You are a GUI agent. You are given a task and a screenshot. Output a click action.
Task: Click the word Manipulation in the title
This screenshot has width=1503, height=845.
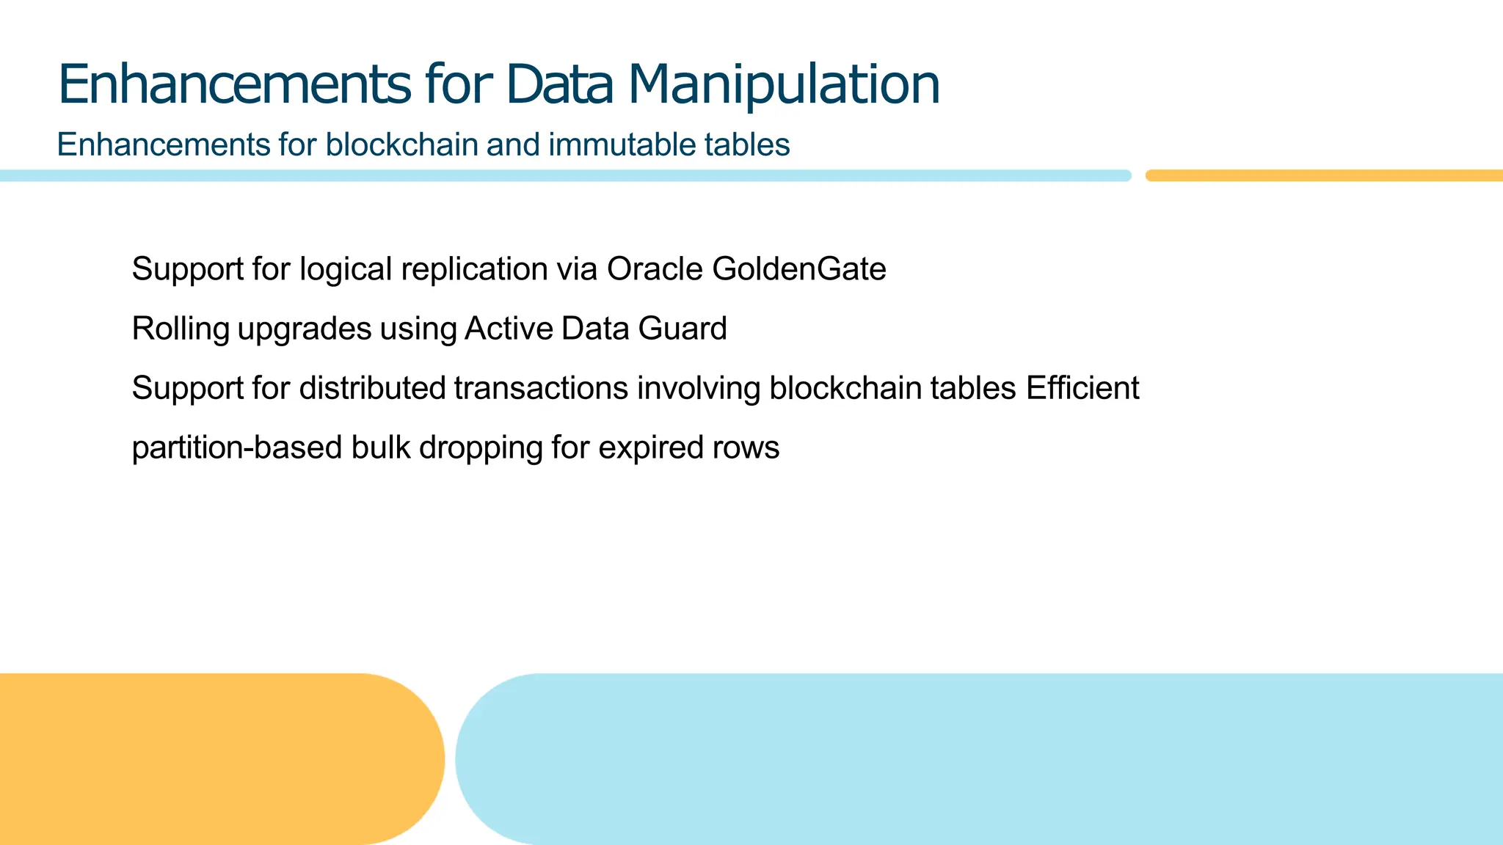[783, 85]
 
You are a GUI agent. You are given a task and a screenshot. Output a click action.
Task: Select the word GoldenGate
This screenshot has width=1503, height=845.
[798, 269]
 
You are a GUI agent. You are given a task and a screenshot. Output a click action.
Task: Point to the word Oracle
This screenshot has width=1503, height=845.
[655, 269]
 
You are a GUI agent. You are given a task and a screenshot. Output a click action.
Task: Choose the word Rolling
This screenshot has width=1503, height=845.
[180, 329]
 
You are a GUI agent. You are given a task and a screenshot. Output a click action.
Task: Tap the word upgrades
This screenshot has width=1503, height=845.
[304, 329]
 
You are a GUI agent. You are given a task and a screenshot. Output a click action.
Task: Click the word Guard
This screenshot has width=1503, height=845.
[682, 329]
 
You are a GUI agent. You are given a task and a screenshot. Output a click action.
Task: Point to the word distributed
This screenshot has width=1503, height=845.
[372, 388]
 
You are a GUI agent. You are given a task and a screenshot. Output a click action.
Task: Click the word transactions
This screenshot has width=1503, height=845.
[541, 388]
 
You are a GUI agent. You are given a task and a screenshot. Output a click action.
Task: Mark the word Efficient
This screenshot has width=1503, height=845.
[1082, 388]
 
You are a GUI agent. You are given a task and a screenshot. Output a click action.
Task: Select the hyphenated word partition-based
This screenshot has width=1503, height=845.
[236, 447]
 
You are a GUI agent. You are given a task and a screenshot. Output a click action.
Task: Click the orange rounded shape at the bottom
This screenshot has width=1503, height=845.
[213, 759]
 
